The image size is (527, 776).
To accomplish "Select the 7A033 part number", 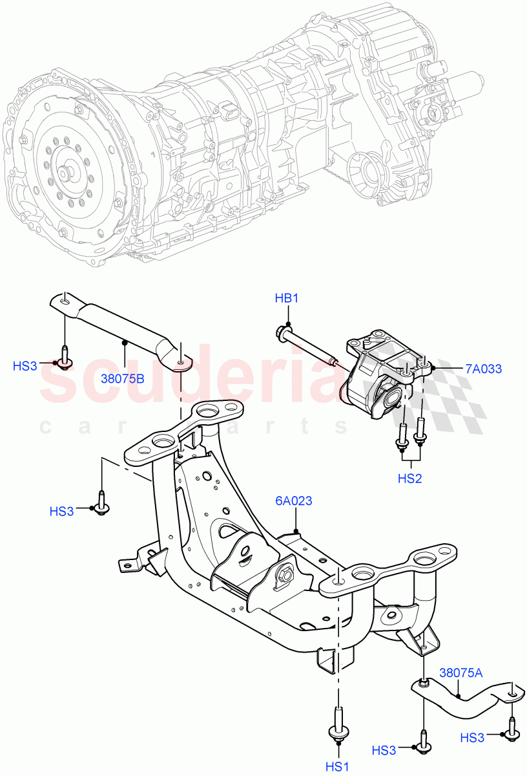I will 483,369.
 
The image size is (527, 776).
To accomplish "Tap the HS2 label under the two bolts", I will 409,478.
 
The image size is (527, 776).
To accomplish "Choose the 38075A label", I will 461,673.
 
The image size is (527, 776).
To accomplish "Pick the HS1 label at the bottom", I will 336,766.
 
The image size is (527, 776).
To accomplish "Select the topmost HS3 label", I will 25,366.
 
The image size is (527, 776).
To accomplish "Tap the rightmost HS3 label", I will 473,737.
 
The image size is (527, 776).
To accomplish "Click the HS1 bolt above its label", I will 337,724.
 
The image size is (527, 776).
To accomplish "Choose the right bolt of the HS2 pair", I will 420,432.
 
